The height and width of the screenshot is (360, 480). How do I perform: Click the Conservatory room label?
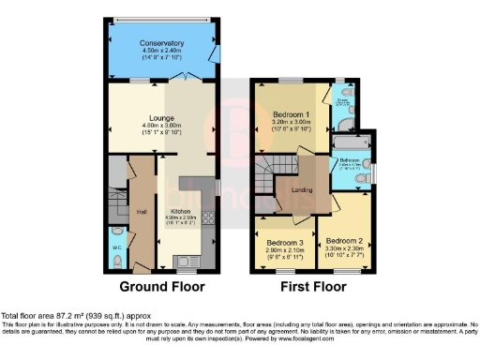point(162,44)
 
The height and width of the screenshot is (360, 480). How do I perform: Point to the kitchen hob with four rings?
point(207,221)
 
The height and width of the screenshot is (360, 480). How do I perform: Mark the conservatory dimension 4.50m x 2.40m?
point(162,52)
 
